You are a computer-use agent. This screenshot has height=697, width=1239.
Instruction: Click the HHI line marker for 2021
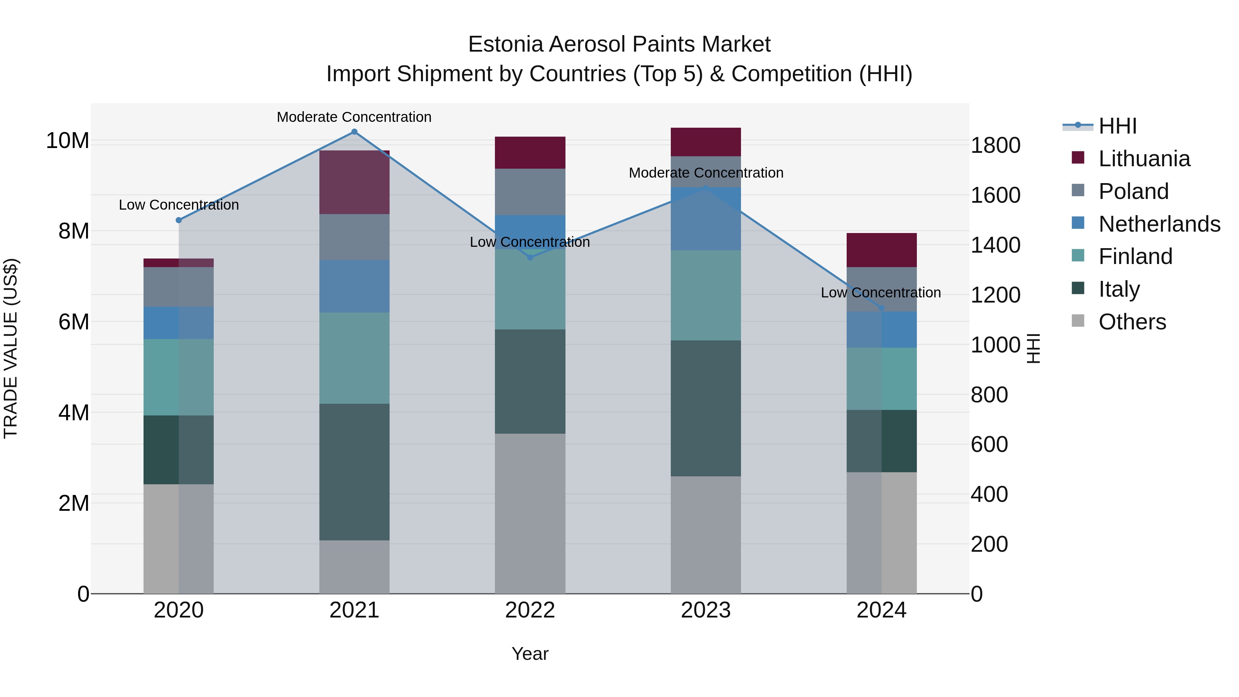(x=354, y=132)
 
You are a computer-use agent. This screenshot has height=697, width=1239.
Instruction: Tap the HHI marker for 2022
(x=530, y=258)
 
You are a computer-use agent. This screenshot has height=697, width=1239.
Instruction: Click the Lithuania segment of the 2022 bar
(x=530, y=152)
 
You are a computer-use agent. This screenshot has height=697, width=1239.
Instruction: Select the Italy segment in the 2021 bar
(x=354, y=472)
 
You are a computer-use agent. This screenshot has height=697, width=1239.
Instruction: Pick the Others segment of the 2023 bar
(x=706, y=535)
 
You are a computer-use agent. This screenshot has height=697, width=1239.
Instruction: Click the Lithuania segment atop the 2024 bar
(x=882, y=250)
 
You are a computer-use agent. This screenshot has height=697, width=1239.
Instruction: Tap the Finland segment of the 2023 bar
(x=706, y=295)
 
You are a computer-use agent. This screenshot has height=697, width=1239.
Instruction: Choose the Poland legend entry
(x=1133, y=191)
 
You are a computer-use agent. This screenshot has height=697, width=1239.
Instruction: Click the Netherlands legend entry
(x=1159, y=224)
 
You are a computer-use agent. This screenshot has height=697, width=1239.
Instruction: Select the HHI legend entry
(x=1117, y=126)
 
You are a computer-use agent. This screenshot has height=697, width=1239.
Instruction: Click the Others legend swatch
(x=1078, y=321)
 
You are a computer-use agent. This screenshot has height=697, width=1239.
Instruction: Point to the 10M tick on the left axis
(x=67, y=141)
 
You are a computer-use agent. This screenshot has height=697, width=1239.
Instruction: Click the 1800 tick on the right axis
(x=995, y=145)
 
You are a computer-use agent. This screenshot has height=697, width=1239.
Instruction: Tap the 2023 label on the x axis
(x=706, y=610)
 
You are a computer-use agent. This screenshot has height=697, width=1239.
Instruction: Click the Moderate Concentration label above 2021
(x=354, y=117)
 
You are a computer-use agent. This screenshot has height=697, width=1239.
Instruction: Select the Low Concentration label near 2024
(x=881, y=293)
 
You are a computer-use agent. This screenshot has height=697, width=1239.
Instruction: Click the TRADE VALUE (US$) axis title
(x=11, y=348)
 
